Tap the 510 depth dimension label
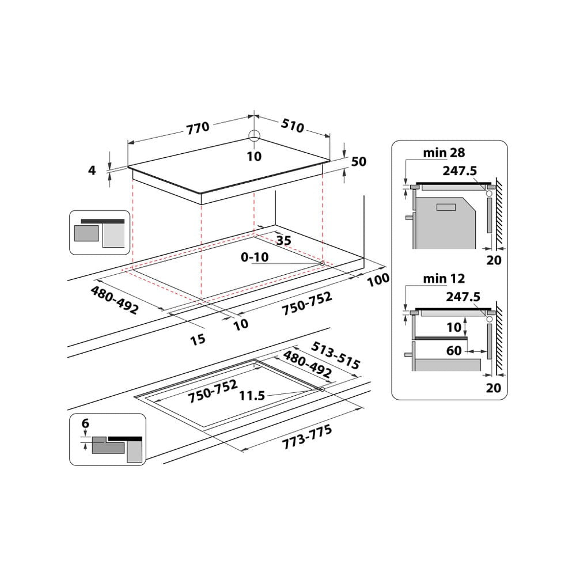tap(292, 126)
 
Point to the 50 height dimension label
tap(358, 162)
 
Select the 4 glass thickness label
tap(92, 170)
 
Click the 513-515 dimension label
tap(336, 355)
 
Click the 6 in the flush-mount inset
tap(85, 423)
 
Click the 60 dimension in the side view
tap(454, 350)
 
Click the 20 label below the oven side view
tap(493, 260)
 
